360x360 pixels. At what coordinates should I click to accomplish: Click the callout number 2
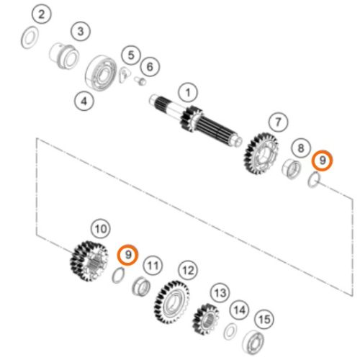(x=42, y=14)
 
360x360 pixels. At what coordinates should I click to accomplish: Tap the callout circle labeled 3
(x=81, y=31)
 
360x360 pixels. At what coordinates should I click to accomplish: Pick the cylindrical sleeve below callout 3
(x=64, y=56)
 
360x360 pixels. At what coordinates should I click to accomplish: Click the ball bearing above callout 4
(x=101, y=73)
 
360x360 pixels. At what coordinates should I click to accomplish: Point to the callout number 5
(x=131, y=55)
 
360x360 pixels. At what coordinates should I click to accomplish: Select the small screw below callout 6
(x=140, y=81)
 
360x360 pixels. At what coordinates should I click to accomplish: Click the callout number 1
(x=188, y=93)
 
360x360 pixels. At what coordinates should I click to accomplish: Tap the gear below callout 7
(x=261, y=153)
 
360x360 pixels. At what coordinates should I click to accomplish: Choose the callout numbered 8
(x=301, y=148)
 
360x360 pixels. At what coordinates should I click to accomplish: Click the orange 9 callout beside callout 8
(x=323, y=161)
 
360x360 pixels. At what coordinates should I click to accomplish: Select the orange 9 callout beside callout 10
(x=127, y=255)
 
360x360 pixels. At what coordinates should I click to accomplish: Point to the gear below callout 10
(x=89, y=261)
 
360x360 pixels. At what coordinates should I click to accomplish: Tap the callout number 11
(x=153, y=266)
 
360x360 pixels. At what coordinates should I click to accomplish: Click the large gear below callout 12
(x=171, y=302)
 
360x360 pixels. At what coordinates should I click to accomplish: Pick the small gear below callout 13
(x=206, y=319)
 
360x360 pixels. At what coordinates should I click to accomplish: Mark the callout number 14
(x=240, y=310)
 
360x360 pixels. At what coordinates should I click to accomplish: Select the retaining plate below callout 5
(x=125, y=75)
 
